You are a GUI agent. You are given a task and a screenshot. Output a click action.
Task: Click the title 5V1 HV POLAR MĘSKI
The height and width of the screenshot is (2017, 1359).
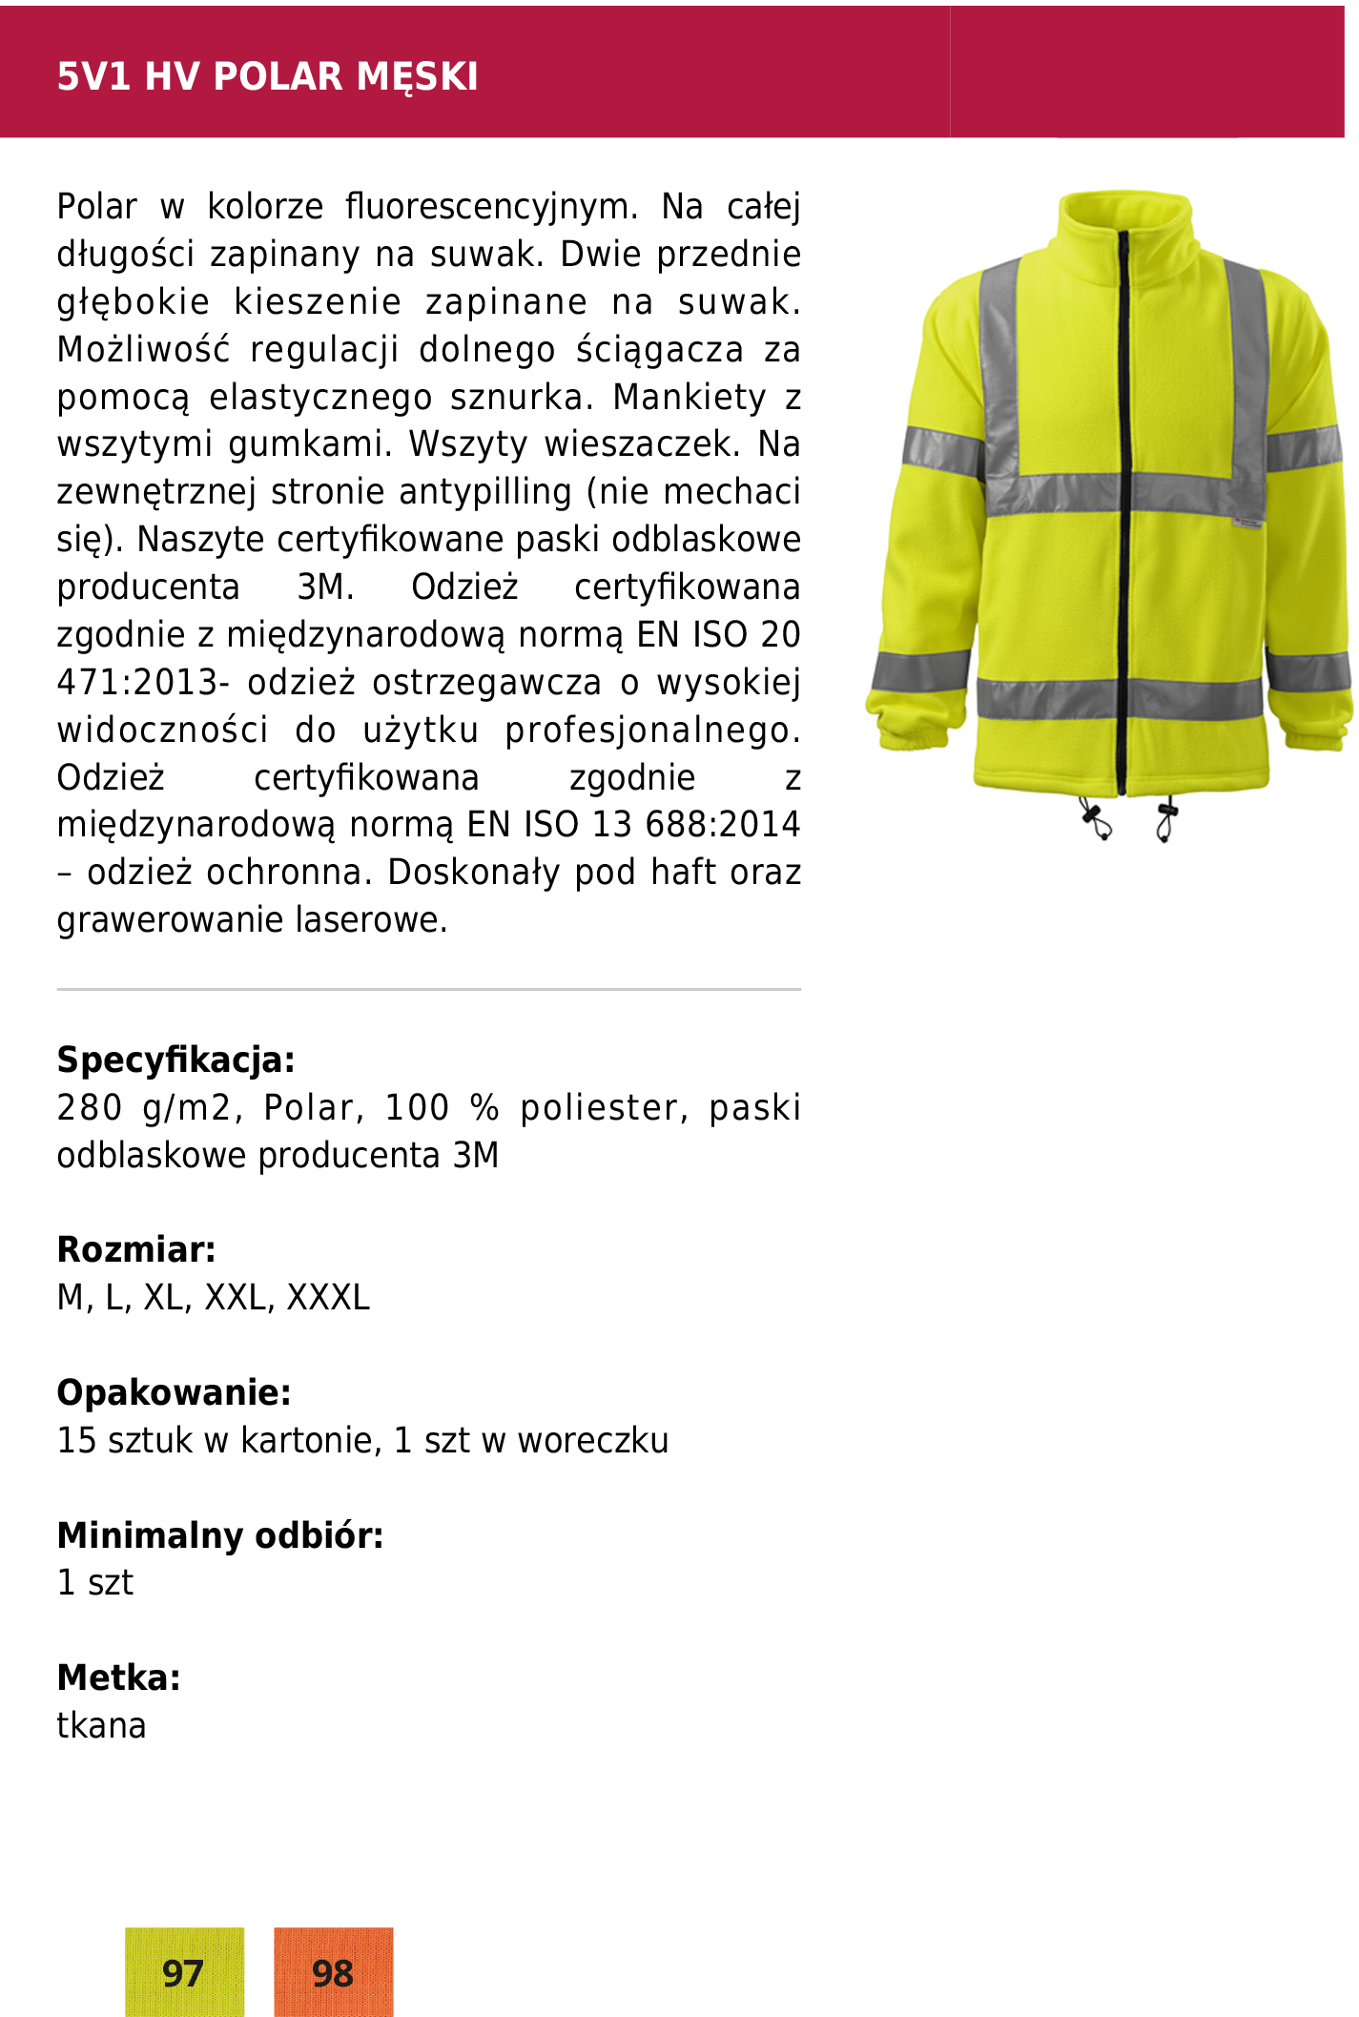pos(267,76)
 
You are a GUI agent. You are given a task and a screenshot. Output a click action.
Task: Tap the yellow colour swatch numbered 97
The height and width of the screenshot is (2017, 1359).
pos(184,1971)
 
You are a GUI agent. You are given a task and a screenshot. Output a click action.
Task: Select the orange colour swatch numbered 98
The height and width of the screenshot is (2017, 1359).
pos(333,1971)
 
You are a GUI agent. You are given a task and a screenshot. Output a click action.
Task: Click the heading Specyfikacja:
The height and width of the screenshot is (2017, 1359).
pos(175,1060)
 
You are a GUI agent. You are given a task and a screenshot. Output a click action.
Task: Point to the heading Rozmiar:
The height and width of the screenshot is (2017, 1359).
pos(136,1249)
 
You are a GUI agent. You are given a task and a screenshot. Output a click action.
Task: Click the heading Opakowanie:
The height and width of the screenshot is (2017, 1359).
pos(174,1392)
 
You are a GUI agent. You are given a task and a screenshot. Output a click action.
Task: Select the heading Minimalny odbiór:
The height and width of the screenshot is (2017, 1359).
pos(219,1535)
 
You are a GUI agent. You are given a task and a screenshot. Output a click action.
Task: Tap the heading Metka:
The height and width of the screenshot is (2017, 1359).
pos(118,1677)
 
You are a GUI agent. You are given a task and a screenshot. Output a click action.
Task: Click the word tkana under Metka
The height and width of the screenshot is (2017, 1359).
pos(101,1725)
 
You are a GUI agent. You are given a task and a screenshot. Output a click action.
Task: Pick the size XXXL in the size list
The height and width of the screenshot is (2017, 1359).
pos(328,1297)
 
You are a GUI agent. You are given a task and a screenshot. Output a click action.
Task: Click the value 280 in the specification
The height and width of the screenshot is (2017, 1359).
pos(89,1107)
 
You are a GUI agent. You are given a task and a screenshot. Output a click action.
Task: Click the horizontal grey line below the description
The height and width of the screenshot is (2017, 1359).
pos(428,990)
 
